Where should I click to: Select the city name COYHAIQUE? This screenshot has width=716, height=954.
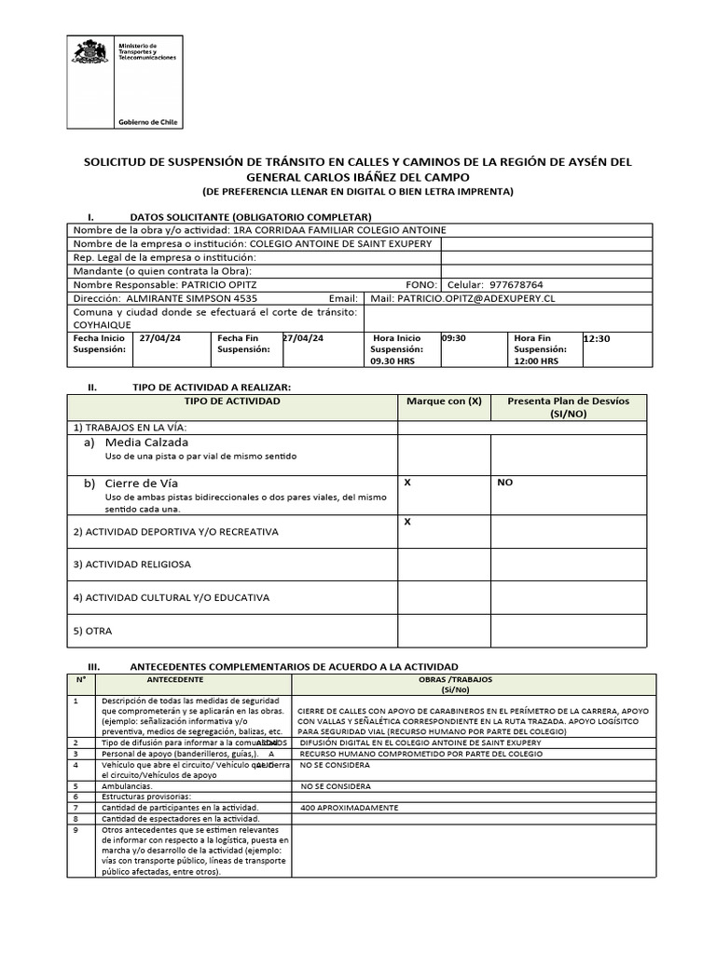(x=102, y=325)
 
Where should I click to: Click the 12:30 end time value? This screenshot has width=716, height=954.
(x=597, y=339)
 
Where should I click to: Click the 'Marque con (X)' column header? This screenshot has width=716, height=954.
(x=444, y=401)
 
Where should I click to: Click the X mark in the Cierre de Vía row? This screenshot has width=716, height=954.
(x=406, y=483)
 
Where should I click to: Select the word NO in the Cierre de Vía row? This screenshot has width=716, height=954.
(x=504, y=483)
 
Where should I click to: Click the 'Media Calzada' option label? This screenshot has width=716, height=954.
(x=146, y=442)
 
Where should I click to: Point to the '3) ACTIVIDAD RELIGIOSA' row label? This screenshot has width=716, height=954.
(x=131, y=565)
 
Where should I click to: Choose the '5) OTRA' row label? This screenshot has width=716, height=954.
(x=92, y=631)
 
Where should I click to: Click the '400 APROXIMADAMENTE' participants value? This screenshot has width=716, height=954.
(x=349, y=807)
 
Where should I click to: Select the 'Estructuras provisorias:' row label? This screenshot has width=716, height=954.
(x=147, y=797)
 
